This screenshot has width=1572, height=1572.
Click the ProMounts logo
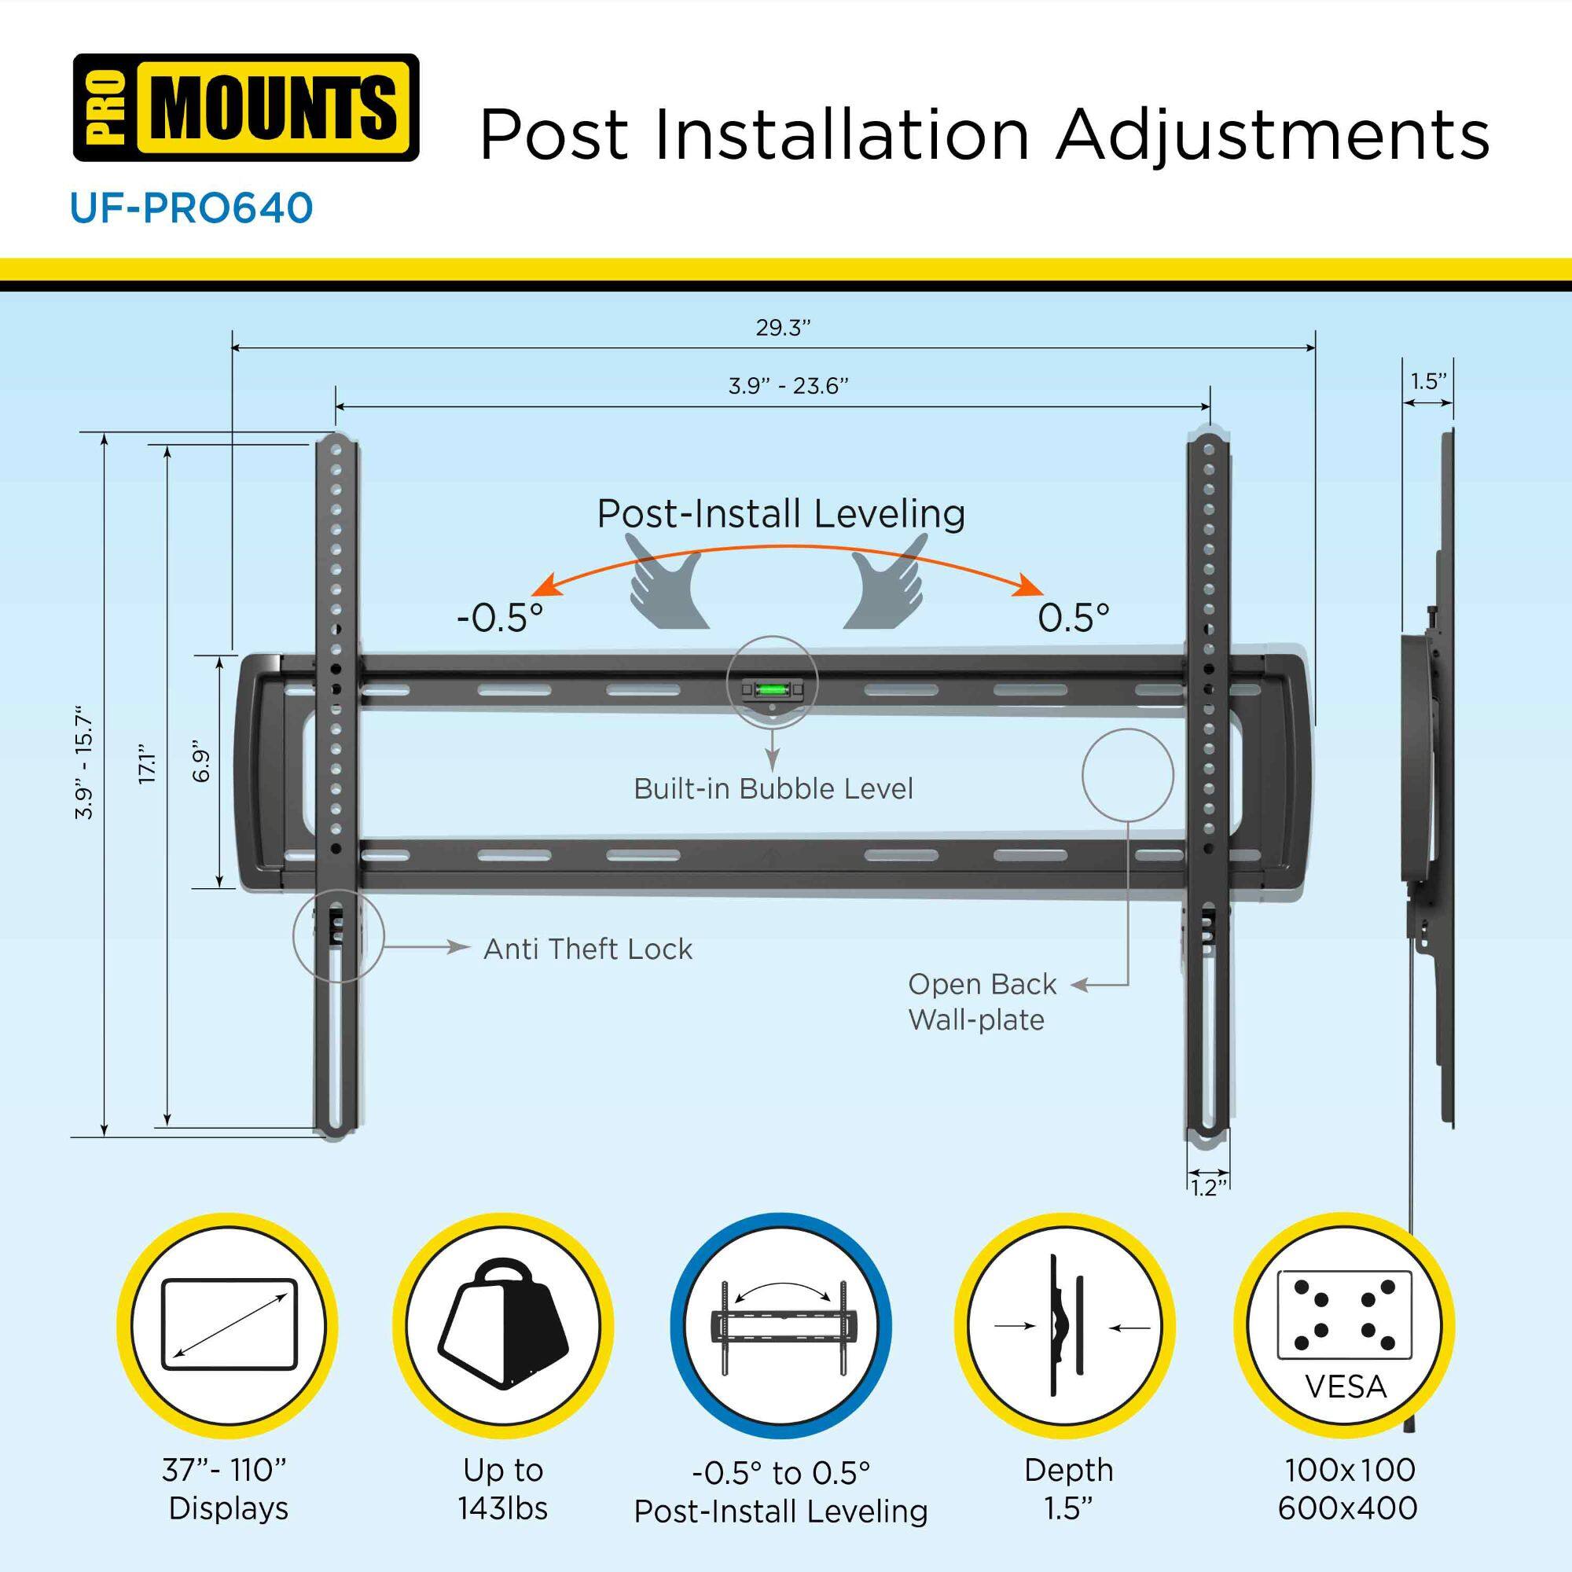point(246,108)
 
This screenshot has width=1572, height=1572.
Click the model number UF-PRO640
point(191,208)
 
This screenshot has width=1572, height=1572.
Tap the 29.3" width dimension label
point(783,328)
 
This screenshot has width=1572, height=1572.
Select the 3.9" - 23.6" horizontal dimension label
point(788,386)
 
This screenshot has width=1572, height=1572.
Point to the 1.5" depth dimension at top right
point(1428,382)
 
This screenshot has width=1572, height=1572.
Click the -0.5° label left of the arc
point(500,619)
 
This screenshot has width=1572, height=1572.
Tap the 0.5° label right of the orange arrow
point(1073,619)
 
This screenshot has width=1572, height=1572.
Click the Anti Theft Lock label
point(587,949)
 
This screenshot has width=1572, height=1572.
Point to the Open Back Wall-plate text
point(981,1001)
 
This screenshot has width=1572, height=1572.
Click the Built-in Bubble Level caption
point(773,788)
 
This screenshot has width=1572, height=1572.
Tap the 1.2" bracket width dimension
point(1207,1188)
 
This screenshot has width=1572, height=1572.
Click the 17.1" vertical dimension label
point(147,763)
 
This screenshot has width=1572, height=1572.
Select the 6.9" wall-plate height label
point(201,765)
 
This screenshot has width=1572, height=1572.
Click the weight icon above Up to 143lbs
point(503,1325)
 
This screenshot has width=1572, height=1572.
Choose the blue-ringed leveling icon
point(780,1325)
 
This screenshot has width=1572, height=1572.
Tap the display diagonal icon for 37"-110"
point(229,1325)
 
